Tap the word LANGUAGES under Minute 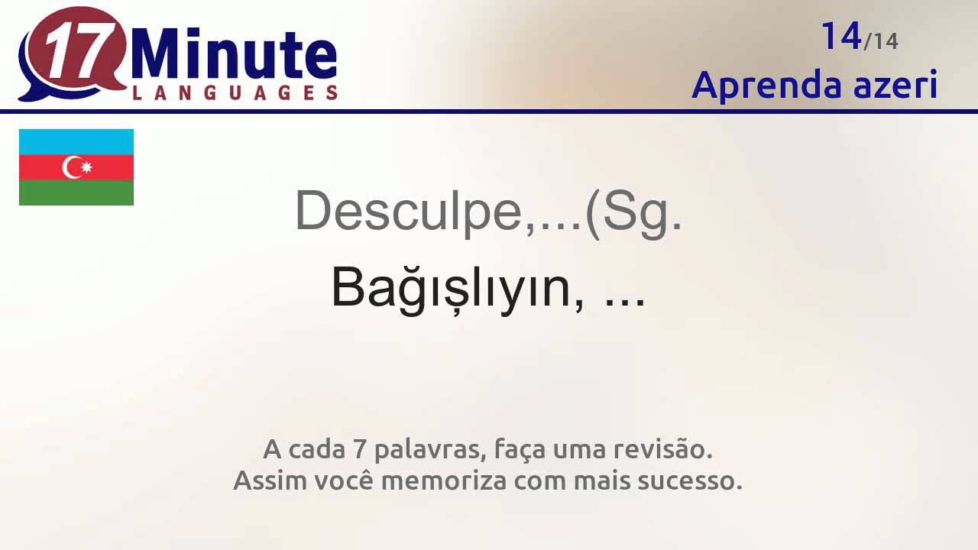coord(235,93)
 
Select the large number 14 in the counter coord(840,36)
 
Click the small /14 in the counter coord(881,40)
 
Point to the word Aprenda coord(756,85)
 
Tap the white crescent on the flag coord(72,167)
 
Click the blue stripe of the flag coord(76,141)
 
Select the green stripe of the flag coord(76,192)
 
